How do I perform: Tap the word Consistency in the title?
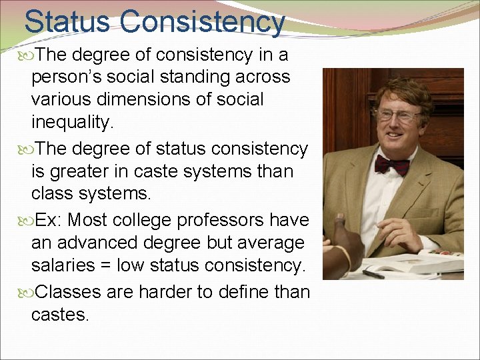coord(203,21)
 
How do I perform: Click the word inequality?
coord(72,122)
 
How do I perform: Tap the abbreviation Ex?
coord(49,219)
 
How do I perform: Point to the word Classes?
coord(70,291)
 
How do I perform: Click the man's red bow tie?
coord(392,164)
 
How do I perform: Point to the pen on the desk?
coord(373,273)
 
